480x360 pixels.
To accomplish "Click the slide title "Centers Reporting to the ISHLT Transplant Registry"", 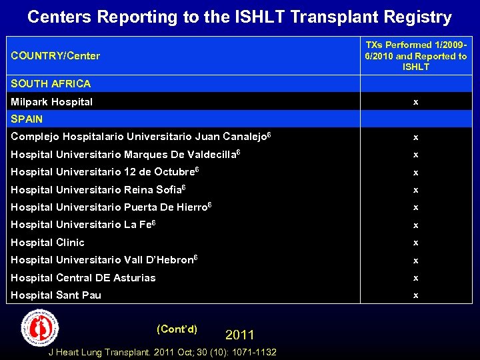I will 239,17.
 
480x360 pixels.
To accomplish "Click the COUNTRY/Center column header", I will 55,56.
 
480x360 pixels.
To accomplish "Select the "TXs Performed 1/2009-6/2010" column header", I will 416,56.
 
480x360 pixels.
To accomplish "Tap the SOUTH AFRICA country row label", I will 51,84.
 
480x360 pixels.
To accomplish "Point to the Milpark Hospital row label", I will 52,102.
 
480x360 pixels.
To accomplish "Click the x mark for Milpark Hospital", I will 416,102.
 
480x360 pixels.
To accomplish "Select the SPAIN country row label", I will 27,119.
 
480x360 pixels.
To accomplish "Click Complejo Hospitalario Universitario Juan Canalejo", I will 141,137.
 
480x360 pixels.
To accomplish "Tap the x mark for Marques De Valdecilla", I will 416,155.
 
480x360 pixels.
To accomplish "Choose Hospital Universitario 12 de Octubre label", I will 105,172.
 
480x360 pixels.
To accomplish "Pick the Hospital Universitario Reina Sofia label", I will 98,190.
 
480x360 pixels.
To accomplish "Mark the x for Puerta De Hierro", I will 416,207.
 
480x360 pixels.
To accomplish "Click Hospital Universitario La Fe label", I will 83,225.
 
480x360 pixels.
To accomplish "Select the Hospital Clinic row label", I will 48,243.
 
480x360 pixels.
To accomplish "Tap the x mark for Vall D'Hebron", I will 416,260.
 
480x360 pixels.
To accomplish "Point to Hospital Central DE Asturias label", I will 83,278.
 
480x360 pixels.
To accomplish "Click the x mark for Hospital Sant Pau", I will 416,295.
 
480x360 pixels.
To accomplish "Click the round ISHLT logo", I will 40,328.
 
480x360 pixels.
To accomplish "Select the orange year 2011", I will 240,335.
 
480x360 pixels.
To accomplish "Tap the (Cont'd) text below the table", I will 177,329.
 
